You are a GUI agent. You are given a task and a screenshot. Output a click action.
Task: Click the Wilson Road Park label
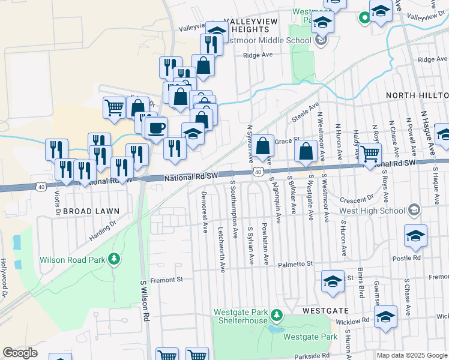73,260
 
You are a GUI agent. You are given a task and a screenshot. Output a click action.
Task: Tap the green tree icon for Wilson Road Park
113,259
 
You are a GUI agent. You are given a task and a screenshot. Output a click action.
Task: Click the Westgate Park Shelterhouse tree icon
276,314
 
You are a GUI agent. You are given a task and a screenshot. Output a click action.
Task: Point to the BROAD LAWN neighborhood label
91,211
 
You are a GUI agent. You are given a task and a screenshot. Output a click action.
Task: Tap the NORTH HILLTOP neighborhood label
417,95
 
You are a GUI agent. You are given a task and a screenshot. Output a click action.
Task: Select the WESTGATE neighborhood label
326,311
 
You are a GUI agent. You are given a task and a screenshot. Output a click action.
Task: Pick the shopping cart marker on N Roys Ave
370,154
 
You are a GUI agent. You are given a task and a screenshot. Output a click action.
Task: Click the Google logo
20,353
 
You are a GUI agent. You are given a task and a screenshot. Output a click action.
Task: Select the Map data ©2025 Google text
412,355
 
